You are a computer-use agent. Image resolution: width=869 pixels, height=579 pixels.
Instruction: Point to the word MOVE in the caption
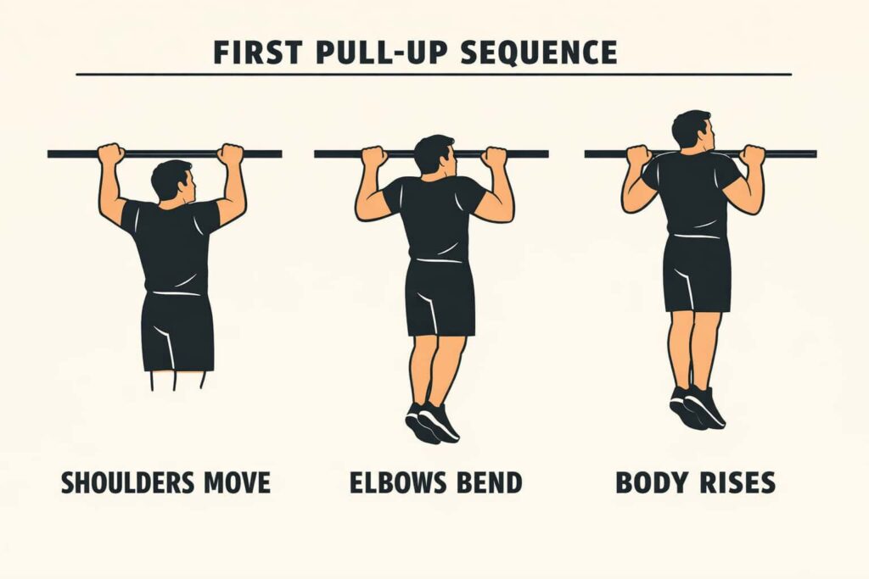pyautogui.click(x=238, y=482)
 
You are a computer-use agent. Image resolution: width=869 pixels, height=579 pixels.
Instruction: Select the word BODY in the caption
pyautogui.click(x=650, y=482)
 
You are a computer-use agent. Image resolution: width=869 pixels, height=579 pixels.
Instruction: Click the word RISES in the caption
pyautogui.click(x=735, y=482)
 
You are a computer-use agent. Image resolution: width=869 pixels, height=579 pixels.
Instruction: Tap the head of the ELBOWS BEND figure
pyautogui.click(x=434, y=155)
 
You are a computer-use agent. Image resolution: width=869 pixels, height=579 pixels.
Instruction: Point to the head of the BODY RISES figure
pyautogui.click(x=692, y=129)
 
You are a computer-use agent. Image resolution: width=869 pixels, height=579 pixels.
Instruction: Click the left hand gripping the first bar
pyautogui.click(x=110, y=154)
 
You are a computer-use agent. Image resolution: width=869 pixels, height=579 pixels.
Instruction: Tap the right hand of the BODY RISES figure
pyautogui.click(x=752, y=155)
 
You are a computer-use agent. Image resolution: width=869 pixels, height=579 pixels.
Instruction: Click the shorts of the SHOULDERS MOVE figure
pyautogui.click(x=177, y=331)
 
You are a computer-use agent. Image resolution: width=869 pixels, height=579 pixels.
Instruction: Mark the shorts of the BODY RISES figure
pyautogui.click(x=696, y=273)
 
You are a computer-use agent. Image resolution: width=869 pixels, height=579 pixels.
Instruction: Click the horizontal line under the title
pyautogui.click(x=433, y=75)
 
